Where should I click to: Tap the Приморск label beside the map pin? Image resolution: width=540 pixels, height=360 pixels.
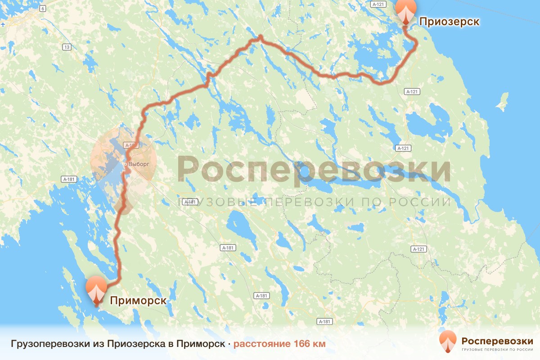coord(138,301)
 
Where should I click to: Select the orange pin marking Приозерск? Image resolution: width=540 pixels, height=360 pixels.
coord(406,11)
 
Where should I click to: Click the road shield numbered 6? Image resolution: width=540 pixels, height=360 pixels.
coord(42,9)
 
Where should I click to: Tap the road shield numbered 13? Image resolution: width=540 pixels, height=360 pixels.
coord(67,47)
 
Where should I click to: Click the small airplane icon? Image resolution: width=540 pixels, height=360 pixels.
coord(4,24)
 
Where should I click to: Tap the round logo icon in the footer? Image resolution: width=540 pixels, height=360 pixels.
coord(448,341)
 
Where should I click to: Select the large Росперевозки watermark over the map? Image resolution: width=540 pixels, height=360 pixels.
coord(314,169)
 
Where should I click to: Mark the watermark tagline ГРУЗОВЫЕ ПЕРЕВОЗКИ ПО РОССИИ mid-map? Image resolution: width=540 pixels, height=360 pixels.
coord(315,202)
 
